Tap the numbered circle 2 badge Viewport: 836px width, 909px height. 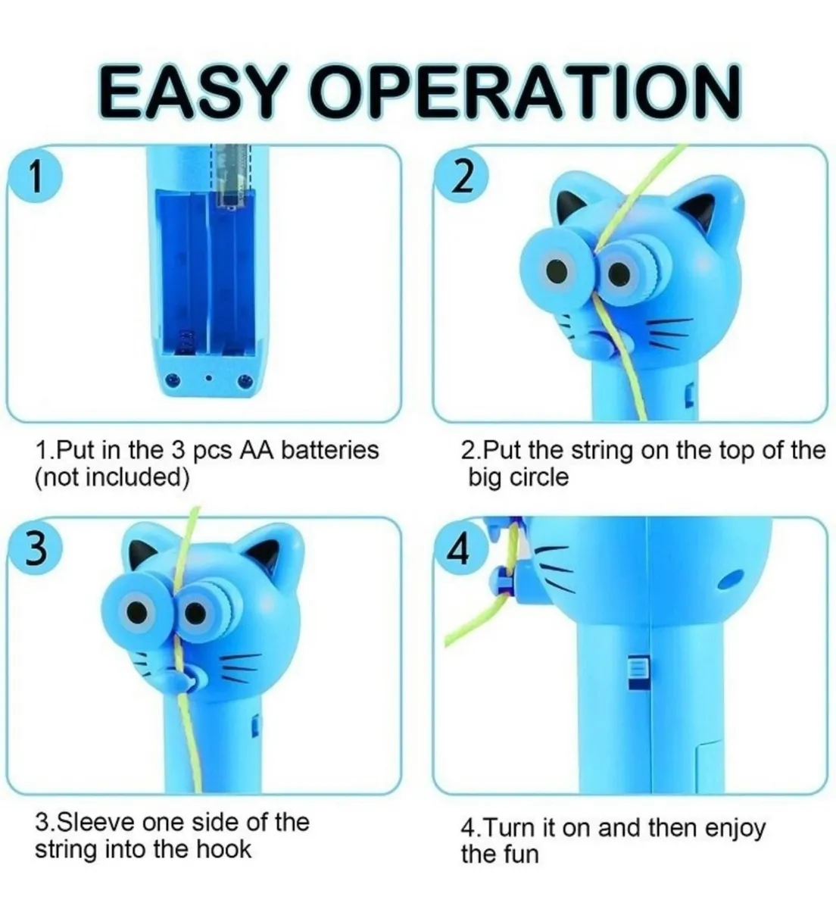[461, 177]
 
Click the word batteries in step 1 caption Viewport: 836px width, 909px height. [330, 451]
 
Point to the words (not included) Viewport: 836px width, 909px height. [112, 478]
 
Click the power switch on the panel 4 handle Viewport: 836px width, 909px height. [637, 674]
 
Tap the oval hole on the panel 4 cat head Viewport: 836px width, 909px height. [730, 580]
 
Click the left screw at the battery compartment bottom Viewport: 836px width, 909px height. [172, 379]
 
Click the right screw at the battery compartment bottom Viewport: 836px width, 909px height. [246, 380]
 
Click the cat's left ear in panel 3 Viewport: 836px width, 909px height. [142, 551]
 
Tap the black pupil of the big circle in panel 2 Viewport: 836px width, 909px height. [557, 270]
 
